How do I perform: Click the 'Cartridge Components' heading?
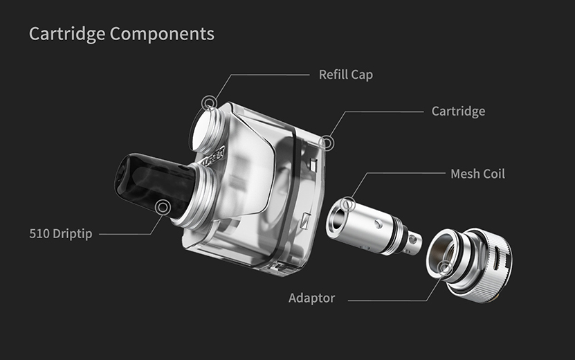121,34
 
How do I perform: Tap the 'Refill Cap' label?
345,75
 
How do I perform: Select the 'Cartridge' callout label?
458,111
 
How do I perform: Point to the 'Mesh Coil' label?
477,174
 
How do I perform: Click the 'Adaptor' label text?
311,298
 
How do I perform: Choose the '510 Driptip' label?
60,234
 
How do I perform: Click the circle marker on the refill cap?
209,102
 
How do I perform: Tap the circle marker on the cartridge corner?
327,143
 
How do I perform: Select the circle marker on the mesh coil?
347,204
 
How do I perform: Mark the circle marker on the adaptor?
445,267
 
